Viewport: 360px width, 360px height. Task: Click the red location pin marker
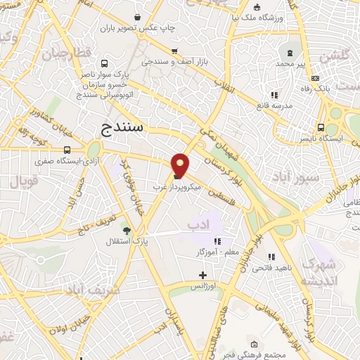point(181,165)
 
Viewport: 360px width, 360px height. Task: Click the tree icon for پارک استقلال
point(127,230)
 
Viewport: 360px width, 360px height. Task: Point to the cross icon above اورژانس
point(203,274)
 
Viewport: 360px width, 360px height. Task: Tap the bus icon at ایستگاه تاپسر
point(321,128)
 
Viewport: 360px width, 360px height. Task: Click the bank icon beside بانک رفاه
point(315,78)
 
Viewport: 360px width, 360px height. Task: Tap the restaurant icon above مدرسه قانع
point(274,95)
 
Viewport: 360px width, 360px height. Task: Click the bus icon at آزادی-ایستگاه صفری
point(67,150)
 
